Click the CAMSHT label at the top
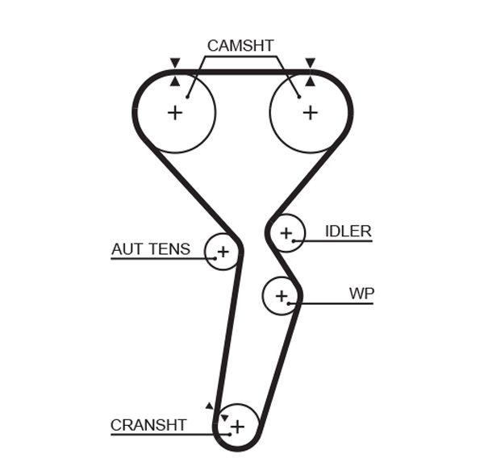tap(240, 45)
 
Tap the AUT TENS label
tap(151, 249)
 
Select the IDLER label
tap(348, 231)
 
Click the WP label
tap(361, 294)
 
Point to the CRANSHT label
tap(148, 425)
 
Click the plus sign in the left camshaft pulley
tap(174, 112)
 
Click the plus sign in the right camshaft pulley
tap(310, 112)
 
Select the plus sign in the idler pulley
tap(285, 234)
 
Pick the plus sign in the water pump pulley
tap(281, 296)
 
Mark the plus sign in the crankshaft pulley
tap(237, 424)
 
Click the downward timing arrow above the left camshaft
tap(174, 63)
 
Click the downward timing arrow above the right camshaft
tap(310, 63)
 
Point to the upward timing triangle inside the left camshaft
tap(174, 80)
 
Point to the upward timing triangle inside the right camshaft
tap(310, 80)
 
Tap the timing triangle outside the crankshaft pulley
tap(209, 406)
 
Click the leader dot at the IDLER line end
tap(296, 240)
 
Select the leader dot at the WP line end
tap(295, 303)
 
